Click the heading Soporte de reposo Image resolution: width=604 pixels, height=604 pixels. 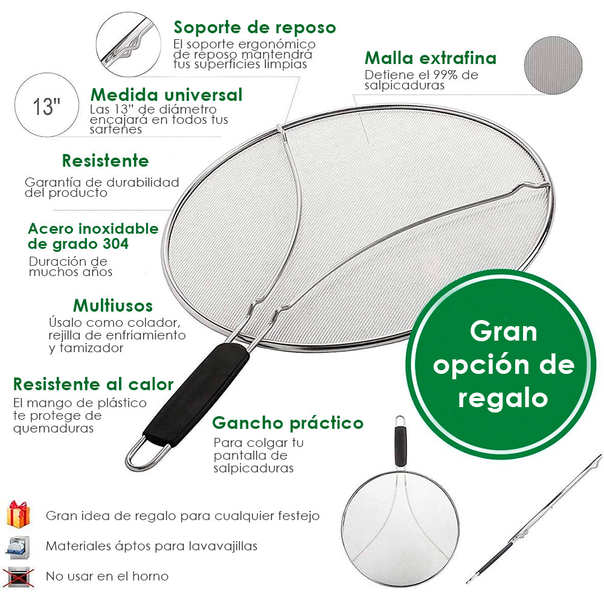click(x=254, y=28)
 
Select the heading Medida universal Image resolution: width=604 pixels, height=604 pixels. click(x=166, y=95)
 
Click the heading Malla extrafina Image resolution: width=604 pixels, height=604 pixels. click(x=431, y=59)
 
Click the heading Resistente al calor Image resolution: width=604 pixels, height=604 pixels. click(x=93, y=384)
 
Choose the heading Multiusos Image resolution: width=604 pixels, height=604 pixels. click(x=113, y=305)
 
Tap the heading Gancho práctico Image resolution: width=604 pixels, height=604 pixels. click(x=288, y=422)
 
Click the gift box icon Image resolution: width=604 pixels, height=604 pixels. click(x=18, y=514)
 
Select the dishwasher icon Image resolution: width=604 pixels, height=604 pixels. click(x=18, y=546)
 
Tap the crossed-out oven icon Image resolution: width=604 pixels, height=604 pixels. click(x=18, y=576)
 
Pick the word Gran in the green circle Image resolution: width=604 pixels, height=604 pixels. click(x=503, y=331)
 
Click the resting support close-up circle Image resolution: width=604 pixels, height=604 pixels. click(x=128, y=40)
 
